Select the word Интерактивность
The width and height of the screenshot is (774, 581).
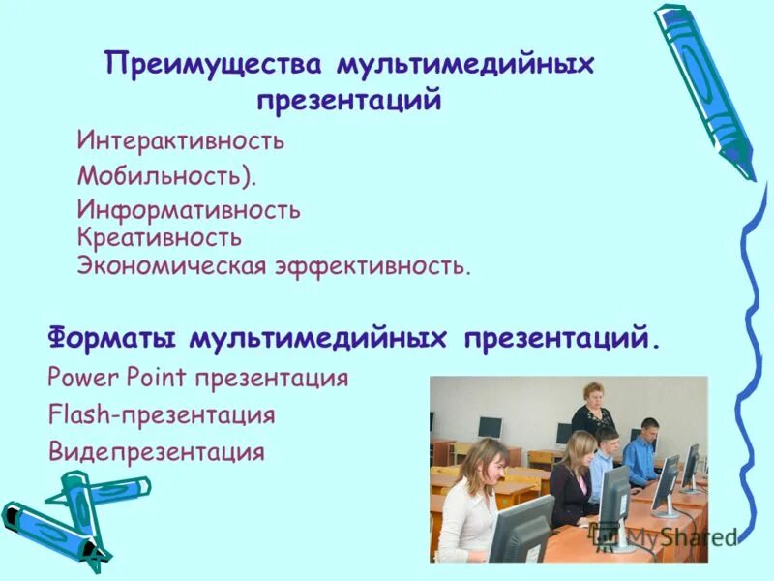[181, 141]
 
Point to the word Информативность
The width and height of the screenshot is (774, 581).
[189, 209]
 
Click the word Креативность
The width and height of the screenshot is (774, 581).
[160, 237]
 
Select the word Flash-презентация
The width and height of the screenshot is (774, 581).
[161, 415]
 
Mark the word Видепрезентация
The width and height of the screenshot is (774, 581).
[156, 451]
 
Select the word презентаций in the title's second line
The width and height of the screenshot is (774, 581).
[349, 101]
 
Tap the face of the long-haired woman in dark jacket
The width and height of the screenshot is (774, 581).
[581, 449]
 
